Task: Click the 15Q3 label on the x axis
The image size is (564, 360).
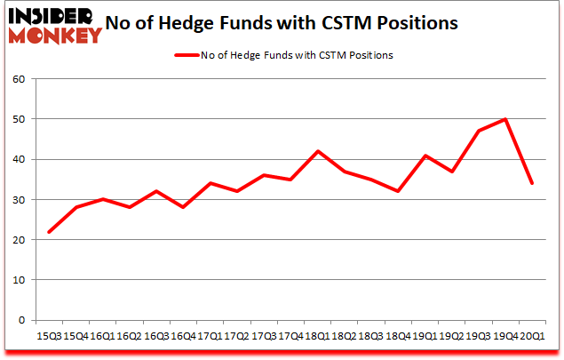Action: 49,336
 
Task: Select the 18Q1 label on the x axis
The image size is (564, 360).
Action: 316,336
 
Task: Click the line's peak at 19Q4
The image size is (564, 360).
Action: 505,119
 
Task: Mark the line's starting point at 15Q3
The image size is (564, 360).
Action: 49,232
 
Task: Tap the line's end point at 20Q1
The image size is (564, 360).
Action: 531,183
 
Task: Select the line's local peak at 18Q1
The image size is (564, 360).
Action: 317,151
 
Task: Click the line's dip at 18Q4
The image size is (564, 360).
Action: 397,191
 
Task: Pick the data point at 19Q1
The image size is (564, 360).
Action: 425,156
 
